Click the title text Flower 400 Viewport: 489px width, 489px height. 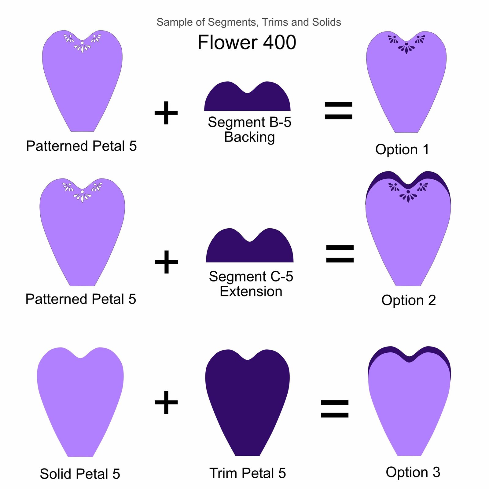(247, 42)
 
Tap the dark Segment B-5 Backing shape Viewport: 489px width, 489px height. (247, 99)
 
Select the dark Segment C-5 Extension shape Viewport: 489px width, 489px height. (250, 249)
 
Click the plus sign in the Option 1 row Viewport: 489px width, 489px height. (166, 113)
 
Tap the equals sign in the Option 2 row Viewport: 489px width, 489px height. (340, 254)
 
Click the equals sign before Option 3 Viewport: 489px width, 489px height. (335, 409)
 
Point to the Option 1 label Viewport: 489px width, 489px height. (402, 149)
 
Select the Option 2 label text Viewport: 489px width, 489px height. (408, 300)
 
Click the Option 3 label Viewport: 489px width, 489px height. (413, 472)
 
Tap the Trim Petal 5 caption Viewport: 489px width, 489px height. (248, 473)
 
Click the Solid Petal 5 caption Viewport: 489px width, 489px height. (80, 474)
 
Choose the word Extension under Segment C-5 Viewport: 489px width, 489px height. (251, 291)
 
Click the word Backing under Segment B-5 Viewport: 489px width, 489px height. (249, 137)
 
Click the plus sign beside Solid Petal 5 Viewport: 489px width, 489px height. (166, 402)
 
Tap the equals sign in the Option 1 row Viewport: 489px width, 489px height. (338, 110)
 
